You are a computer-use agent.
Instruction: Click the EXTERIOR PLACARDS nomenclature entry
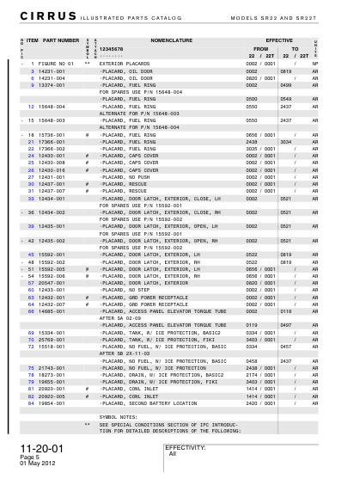(x=125, y=64)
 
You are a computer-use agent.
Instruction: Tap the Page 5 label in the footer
(x=28, y=458)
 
